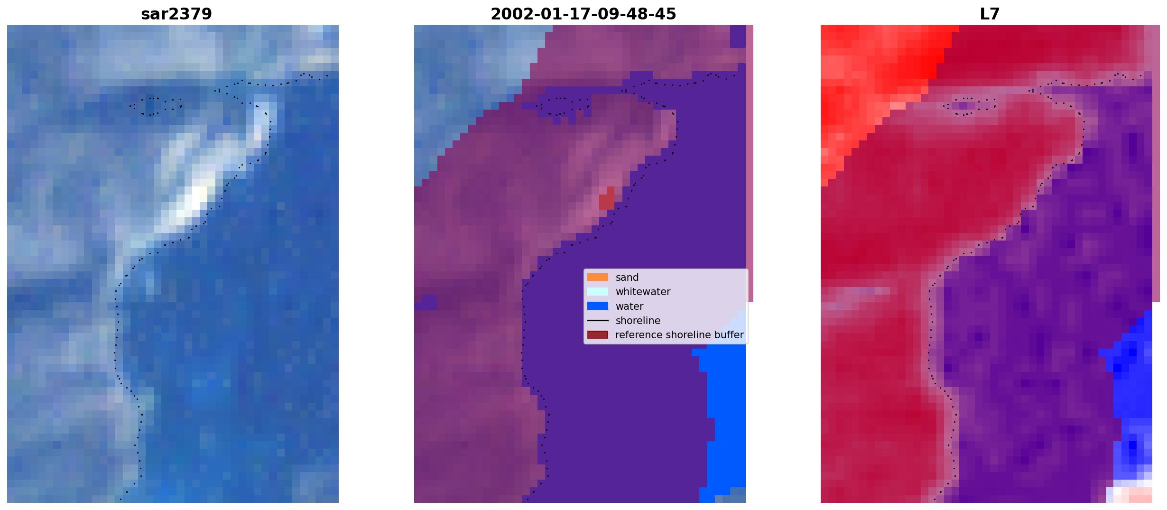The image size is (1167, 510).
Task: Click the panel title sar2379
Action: (176, 14)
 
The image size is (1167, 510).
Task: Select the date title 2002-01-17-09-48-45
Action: (583, 14)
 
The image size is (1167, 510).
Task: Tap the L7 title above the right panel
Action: (990, 14)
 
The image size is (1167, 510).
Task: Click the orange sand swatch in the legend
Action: (598, 277)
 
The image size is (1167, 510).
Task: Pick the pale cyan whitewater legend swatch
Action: (598, 291)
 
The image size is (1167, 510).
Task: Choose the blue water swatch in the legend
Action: (598, 306)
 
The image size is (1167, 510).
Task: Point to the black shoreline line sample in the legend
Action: (598, 320)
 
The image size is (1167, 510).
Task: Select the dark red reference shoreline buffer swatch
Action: (598, 334)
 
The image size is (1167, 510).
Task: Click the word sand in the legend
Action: (627, 278)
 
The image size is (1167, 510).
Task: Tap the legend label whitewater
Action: (643, 292)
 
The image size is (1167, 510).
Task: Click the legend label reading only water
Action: (630, 306)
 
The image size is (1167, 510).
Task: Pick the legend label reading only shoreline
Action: (638, 321)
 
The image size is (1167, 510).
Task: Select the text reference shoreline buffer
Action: (679, 335)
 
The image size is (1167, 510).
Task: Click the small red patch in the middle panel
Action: (607, 198)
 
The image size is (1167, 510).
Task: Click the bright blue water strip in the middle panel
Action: (723, 417)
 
